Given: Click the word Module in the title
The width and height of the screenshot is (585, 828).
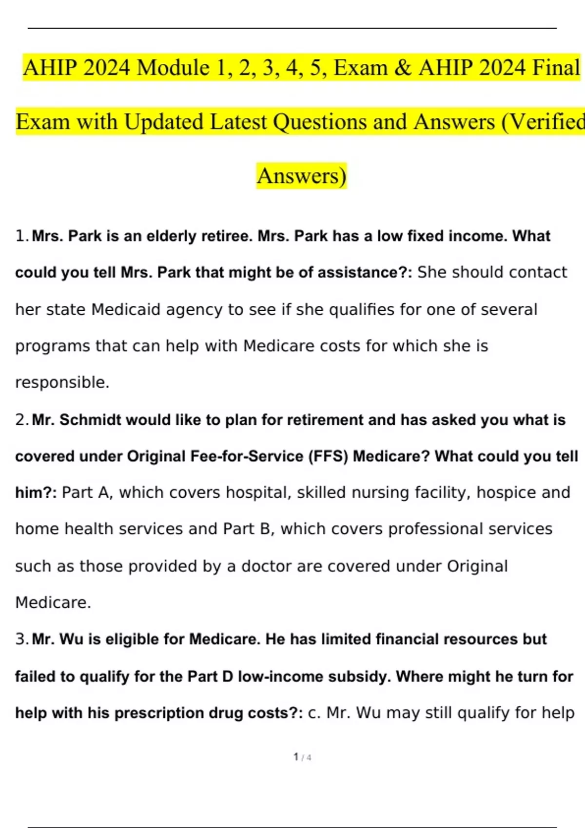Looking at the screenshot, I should [x=173, y=67].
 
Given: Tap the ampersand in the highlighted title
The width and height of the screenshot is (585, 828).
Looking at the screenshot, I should [x=402, y=67].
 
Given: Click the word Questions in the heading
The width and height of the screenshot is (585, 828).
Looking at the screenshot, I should [x=319, y=122].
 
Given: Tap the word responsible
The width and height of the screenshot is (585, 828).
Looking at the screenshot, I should [x=62, y=382].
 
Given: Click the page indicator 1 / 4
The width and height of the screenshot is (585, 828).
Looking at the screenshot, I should [x=302, y=757].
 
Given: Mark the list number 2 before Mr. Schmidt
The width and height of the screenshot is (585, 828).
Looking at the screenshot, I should [x=21, y=420].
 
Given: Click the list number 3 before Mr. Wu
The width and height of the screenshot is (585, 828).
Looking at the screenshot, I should [x=21, y=639].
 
